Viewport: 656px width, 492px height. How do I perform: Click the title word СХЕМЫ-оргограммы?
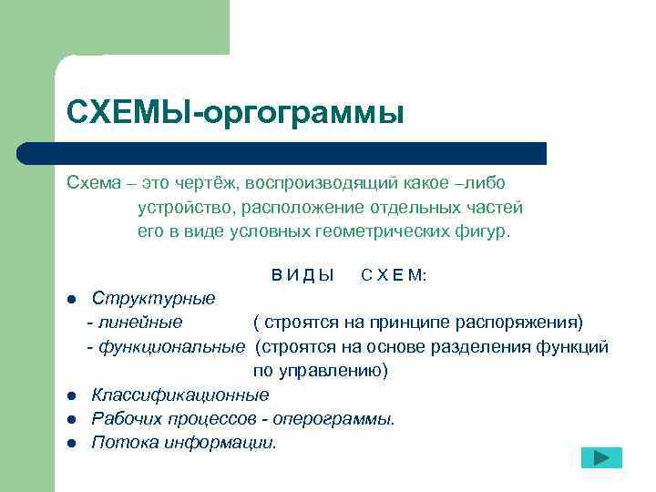[234, 113]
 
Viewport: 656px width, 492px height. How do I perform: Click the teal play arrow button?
[601, 457]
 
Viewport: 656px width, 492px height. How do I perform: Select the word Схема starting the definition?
[93, 183]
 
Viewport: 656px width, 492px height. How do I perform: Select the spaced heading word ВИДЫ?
[302, 275]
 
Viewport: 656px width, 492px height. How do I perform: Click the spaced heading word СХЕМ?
[394, 275]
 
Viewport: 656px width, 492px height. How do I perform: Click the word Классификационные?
[179, 395]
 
